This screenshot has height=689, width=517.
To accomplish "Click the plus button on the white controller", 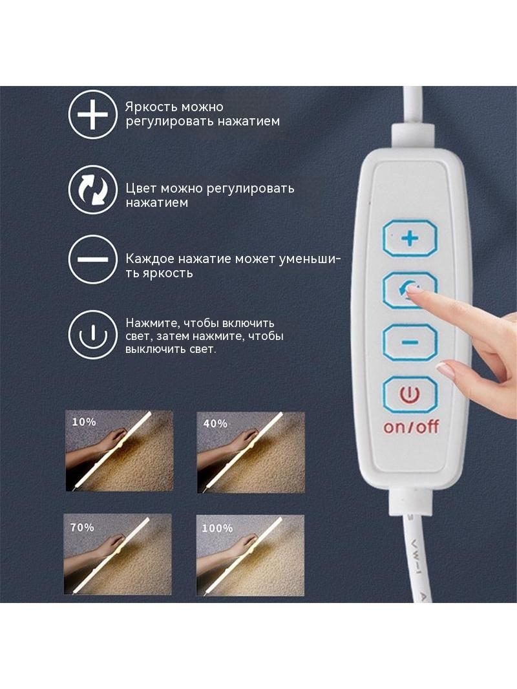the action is click(x=410, y=238).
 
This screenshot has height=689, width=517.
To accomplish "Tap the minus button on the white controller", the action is click(x=410, y=343).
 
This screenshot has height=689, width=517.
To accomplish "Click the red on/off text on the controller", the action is click(x=411, y=426).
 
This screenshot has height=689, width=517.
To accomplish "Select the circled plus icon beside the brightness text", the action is click(x=92, y=114).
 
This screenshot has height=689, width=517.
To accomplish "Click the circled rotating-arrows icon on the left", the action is click(x=92, y=189).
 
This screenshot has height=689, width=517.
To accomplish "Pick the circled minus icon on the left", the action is click(x=92, y=259).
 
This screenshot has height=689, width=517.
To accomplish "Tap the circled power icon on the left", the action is click(x=92, y=335).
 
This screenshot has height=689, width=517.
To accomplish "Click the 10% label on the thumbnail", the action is click(x=83, y=422).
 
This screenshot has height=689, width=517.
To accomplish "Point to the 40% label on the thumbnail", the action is click(x=215, y=423).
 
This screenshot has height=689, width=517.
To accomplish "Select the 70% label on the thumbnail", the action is click(x=82, y=527).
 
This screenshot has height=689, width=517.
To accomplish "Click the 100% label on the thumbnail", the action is click(x=217, y=527).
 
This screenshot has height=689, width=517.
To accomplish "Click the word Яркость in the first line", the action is click(x=151, y=107).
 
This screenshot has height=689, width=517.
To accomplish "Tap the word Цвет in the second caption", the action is click(x=141, y=189).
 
